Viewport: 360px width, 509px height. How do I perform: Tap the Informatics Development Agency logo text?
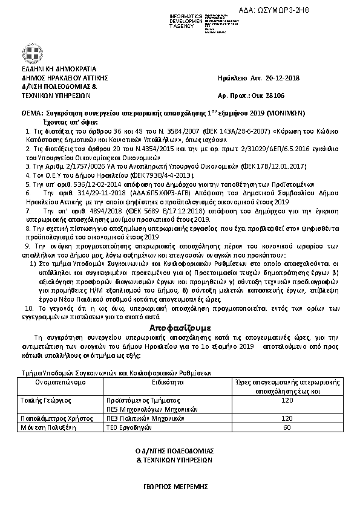tap(188, 20)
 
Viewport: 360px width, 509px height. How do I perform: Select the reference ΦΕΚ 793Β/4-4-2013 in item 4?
tap(129, 173)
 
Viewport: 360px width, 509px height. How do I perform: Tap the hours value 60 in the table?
tap(287, 427)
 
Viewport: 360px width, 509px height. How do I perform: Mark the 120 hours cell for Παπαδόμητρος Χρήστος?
tap(287, 418)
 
